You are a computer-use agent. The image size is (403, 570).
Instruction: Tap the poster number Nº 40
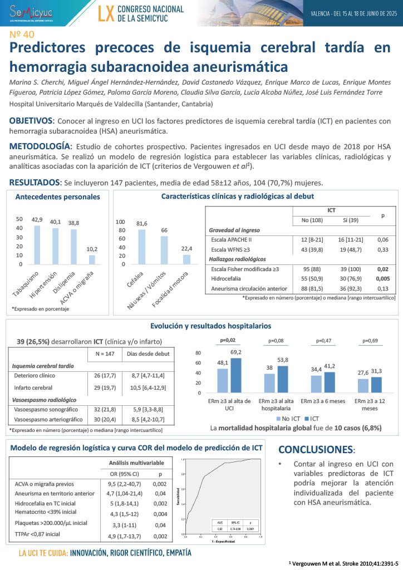click(x=21, y=35)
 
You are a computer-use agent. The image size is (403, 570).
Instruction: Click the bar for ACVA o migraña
click(x=92, y=259)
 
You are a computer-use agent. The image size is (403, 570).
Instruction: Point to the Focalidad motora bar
click(x=186, y=259)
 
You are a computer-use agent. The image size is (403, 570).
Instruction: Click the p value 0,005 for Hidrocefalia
click(x=382, y=279)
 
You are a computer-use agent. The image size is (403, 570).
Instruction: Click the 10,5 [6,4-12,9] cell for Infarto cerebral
click(x=147, y=387)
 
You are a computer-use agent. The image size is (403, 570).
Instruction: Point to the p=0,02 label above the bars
click(x=228, y=340)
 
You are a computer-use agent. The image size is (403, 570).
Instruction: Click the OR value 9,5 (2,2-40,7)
click(x=125, y=484)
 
